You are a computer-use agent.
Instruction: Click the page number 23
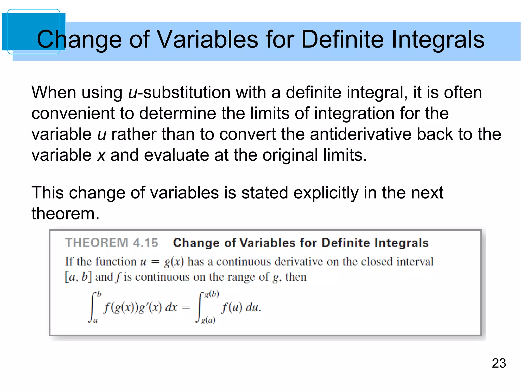pos(499,363)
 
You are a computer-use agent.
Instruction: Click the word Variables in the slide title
pos(207,39)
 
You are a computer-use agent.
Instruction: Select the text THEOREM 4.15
pos(111,243)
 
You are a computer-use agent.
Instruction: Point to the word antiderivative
pos(360,134)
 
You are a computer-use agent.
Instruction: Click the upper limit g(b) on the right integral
pos(212,294)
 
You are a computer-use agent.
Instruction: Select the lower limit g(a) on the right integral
pos(208,320)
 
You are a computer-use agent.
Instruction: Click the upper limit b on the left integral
pos(99,294)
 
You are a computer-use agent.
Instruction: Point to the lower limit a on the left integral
pos(95,321)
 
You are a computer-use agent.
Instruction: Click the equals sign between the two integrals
pos(186,308)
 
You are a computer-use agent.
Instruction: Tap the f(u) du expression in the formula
pos(241,308)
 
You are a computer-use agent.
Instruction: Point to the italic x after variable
pos(101,155)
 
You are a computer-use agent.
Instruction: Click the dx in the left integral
pos(171,308)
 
